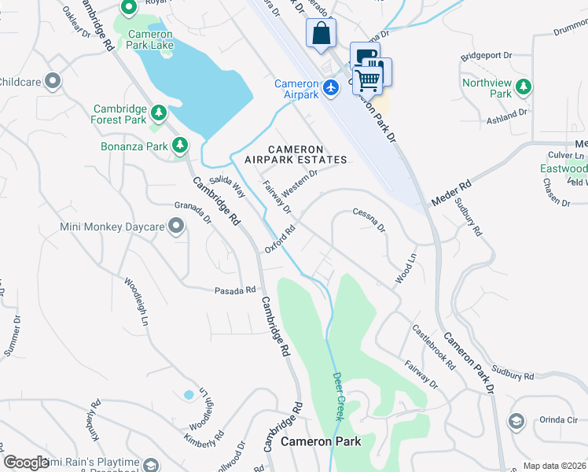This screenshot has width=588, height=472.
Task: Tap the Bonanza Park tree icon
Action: (181, 146)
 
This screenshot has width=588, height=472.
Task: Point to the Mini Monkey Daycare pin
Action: (176, 227)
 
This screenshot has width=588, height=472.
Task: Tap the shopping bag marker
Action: (321, 34)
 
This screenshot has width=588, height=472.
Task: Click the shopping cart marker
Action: (368, 79)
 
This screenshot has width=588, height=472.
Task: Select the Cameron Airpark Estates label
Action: (295, 154)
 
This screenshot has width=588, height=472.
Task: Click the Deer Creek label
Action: (339, 396)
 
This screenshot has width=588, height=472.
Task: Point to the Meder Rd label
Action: (450, 194)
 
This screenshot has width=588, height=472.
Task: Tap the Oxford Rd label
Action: (279, 241)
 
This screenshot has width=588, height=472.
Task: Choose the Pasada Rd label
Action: (236, 290)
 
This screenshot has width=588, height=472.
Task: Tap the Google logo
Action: (26, 463)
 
